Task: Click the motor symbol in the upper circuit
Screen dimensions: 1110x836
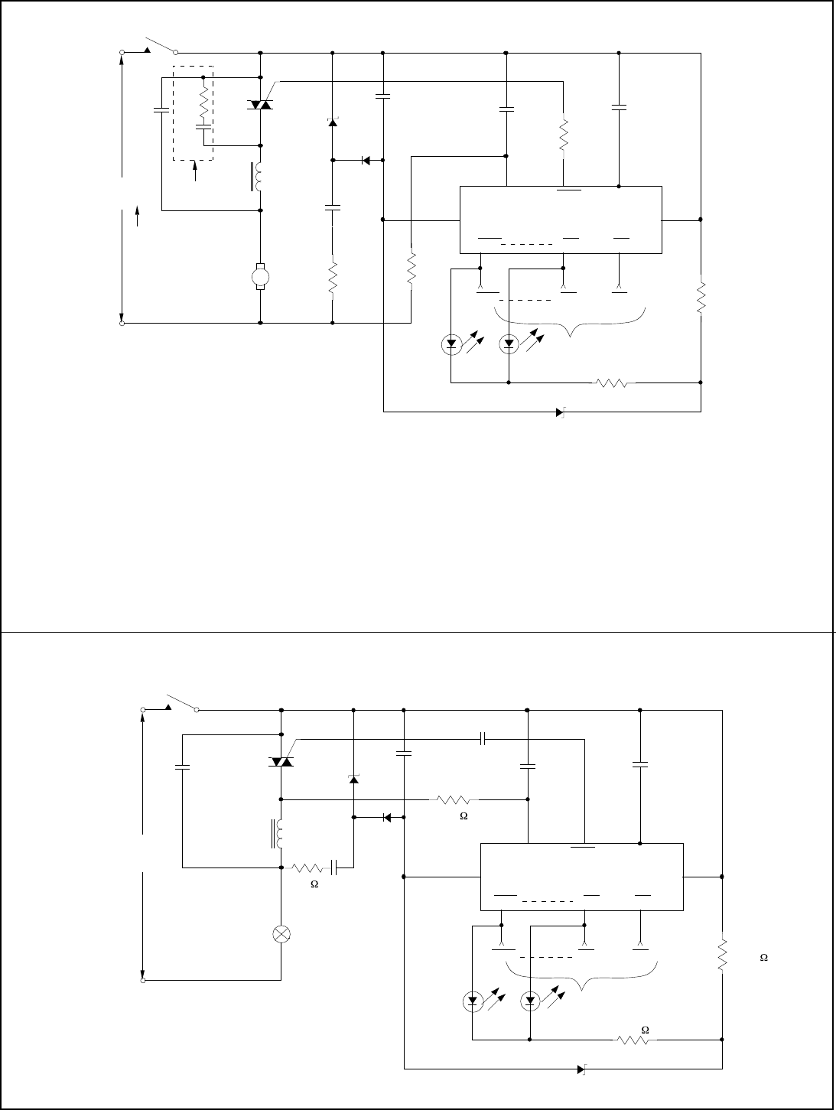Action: (x=261, y=275)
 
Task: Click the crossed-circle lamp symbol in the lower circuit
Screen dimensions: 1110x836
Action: (x=281, y=934)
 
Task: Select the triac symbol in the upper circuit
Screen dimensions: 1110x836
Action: (x=261, y=104)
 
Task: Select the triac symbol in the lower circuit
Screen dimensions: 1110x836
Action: (x=281, y=762)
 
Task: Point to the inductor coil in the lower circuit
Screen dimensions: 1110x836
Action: (x=280, y=835)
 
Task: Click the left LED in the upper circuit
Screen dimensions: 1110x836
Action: (x=451, y=345)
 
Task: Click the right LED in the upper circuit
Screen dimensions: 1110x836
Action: (x=509, y=345)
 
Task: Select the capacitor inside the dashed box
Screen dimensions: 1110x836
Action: (x=203, y=127)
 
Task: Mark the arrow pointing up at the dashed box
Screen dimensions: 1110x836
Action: (x=197, y=171)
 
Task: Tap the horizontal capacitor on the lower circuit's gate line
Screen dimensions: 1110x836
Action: (x=483, y=740)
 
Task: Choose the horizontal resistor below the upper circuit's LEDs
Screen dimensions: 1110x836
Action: (x=615, y=382)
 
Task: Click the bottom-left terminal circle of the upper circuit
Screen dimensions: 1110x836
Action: (x=122, y=323)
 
